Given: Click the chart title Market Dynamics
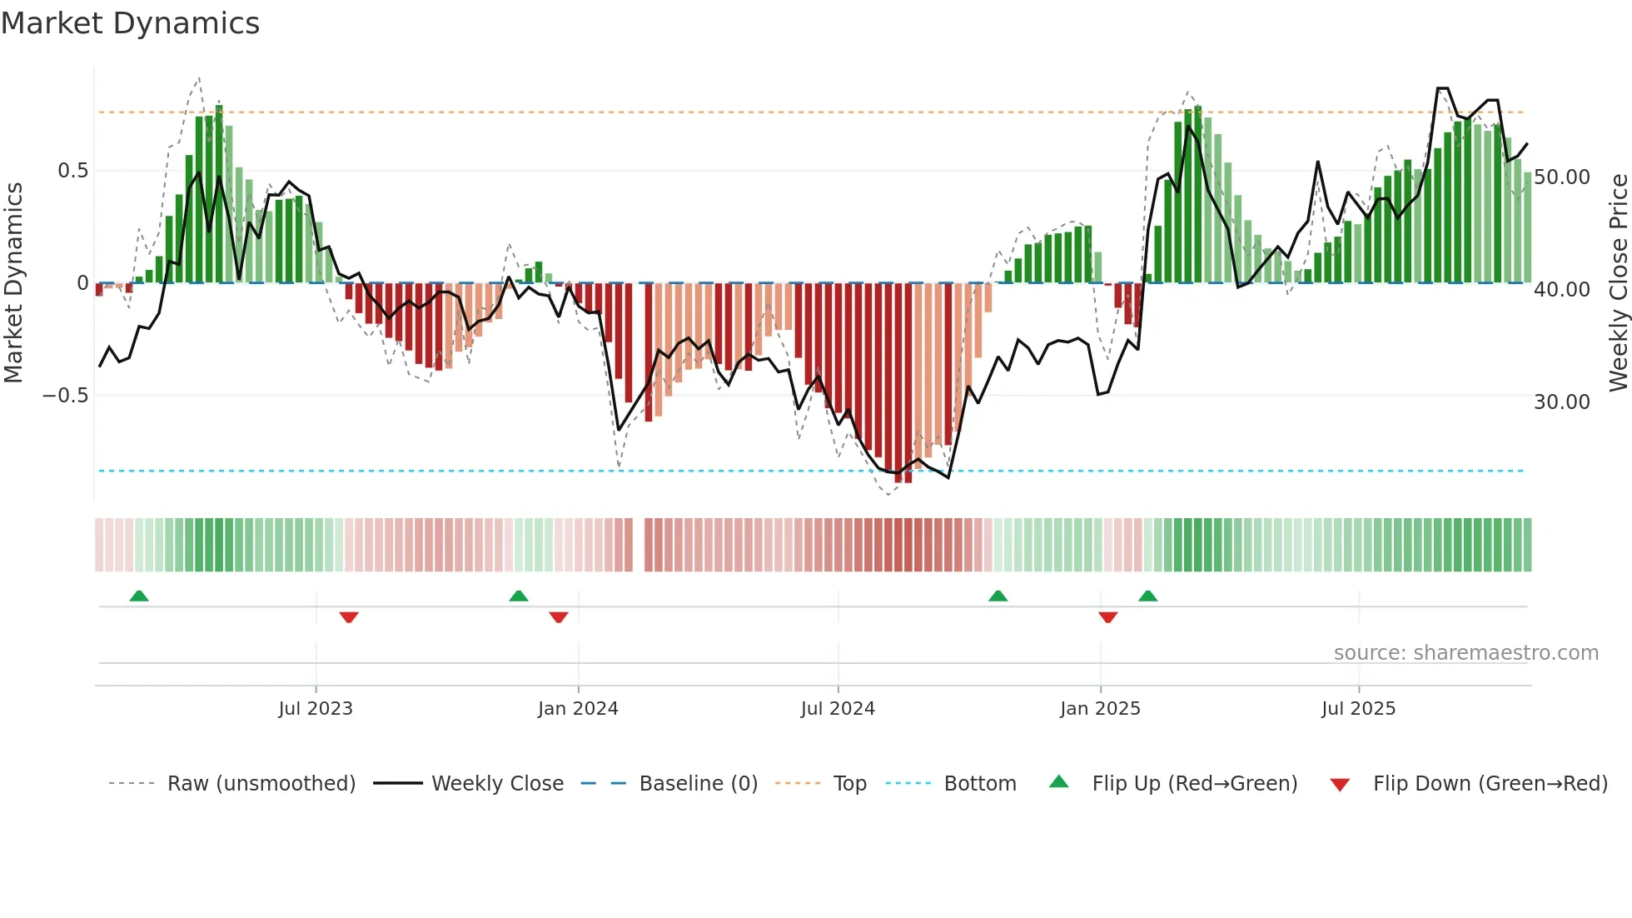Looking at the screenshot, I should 130,23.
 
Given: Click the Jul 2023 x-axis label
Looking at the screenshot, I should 316,709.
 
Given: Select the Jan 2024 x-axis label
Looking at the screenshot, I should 578,709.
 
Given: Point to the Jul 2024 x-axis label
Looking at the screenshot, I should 838,709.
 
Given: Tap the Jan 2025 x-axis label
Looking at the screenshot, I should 1100,709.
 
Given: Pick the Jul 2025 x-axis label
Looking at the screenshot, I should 1358,709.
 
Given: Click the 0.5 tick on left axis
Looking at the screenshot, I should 72,171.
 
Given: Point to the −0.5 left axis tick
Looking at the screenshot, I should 66,396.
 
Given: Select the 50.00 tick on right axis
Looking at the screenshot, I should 1562,177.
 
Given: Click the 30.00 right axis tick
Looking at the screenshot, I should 1562,402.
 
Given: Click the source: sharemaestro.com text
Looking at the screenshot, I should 1465,653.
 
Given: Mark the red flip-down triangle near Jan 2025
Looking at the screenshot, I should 1107,617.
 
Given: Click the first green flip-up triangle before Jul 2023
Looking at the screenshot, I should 139,596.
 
